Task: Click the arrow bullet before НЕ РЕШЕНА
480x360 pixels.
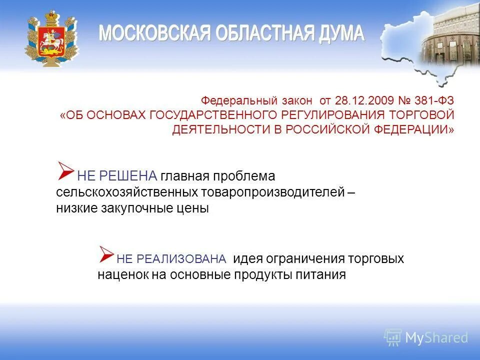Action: [65, 171]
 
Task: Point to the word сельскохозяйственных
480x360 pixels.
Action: [127, 192]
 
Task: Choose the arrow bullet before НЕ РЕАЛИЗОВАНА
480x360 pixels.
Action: [106, 254]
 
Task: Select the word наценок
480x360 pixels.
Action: [122, 274]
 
